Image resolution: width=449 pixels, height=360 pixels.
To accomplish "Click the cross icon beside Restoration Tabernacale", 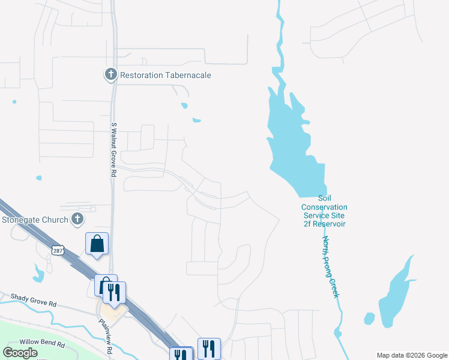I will pos(110,75).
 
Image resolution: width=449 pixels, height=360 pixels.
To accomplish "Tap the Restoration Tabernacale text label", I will pos(166,76).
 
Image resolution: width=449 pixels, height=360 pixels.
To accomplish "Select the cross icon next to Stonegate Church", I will pos(77,220).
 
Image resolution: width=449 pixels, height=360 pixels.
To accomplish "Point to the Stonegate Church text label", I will pos(35,220).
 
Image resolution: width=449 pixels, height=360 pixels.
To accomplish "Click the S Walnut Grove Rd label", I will pos(113,150).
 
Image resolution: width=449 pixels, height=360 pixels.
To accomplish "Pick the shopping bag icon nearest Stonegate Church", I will pos(97,244).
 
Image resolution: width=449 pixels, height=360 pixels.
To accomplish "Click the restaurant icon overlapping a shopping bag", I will pos(114,292).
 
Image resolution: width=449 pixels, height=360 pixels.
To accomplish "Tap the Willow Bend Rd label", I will pos(42,344).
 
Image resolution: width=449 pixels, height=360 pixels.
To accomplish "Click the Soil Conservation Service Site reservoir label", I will pos(324,211).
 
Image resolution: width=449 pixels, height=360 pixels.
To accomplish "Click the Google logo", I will pos(20,352).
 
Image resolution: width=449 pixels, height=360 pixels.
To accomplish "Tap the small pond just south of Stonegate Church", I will pos(40,274).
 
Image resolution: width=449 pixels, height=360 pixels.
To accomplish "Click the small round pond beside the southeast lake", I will pos(370,318).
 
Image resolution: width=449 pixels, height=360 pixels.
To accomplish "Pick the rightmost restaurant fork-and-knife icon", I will pos(209,349).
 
